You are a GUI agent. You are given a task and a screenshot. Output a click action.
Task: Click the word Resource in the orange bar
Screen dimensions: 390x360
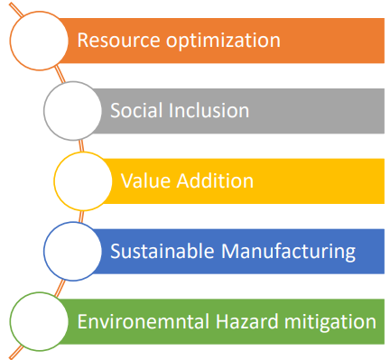pos(118,40)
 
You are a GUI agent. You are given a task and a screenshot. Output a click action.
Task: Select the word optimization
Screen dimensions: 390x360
pos(223,41)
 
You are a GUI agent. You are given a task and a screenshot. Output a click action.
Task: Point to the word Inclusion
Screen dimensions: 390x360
pos(209,110)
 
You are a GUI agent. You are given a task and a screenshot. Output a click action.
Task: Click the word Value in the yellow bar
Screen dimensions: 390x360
pos(146,180)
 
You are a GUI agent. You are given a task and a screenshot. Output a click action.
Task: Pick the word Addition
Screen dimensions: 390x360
pos(215,180)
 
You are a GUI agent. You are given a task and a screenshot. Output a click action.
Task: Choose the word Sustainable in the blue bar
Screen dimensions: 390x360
pos(162,251)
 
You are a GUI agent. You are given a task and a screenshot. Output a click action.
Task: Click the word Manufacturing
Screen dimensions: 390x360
pos(288,252)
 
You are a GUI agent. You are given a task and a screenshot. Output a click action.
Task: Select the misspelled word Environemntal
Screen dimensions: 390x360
pos(144,321)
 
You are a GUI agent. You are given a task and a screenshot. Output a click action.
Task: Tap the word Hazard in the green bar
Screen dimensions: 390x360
pos(247,321)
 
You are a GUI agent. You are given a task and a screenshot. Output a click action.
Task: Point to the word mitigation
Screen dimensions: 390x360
pos(330,322)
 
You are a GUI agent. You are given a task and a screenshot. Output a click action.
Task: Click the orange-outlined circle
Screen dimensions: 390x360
pos(39,13)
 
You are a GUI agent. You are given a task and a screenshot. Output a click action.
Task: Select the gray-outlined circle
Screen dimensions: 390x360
pos(73,82)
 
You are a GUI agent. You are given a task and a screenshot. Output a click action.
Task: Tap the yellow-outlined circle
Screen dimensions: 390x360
pos(83,152)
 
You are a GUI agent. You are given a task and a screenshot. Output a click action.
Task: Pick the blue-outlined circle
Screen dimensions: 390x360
pos(73,223)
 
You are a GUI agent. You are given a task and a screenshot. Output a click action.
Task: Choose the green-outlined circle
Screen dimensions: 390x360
pos(39,293)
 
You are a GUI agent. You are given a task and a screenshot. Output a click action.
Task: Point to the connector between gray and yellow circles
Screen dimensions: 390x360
pos(81,146)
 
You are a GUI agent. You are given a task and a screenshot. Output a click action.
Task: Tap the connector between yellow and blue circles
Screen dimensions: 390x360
pos(81,217)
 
